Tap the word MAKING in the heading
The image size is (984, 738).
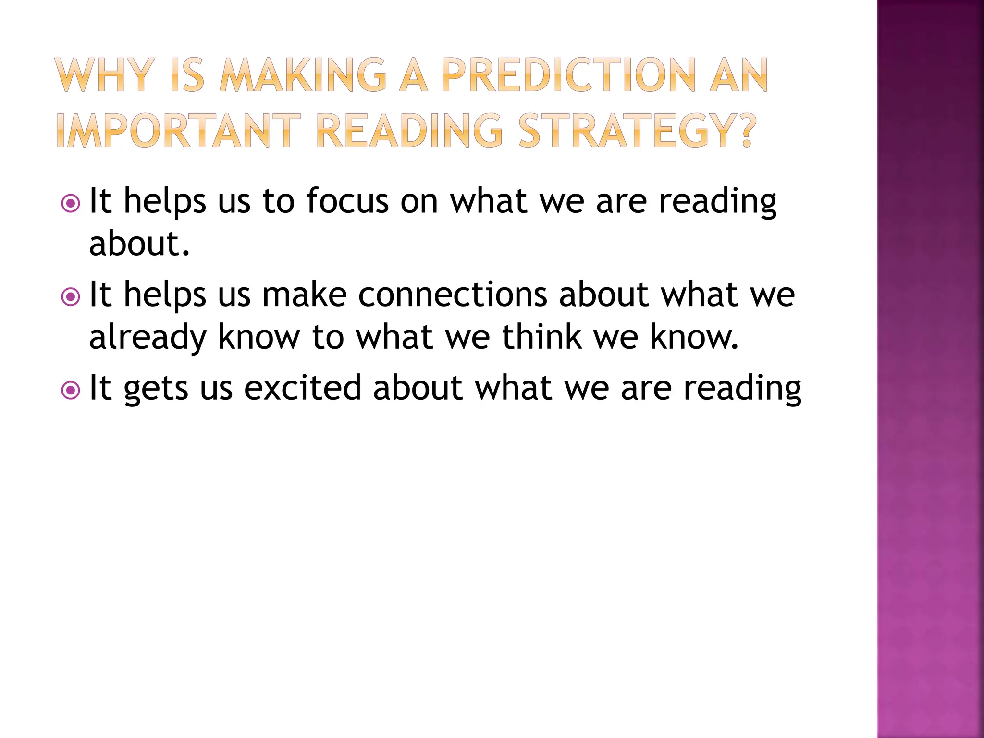(303, 75)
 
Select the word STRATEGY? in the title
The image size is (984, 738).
(637, 130)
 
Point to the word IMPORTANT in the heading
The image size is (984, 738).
(178, 130)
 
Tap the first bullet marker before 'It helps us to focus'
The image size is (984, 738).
(71, 204)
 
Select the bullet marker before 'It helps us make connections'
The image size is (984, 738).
(71, 297)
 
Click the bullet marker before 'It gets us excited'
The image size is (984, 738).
(71, 390)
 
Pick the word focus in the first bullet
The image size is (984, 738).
(347, 201)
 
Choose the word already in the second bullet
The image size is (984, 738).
(148, 337)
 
